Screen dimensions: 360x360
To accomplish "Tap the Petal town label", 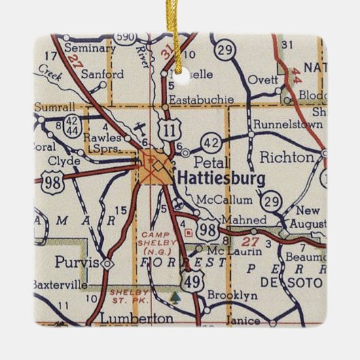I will click(207, 163).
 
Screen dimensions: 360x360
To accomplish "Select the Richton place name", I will click(287, 158).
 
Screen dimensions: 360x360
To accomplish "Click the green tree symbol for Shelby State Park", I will click(178, 297).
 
